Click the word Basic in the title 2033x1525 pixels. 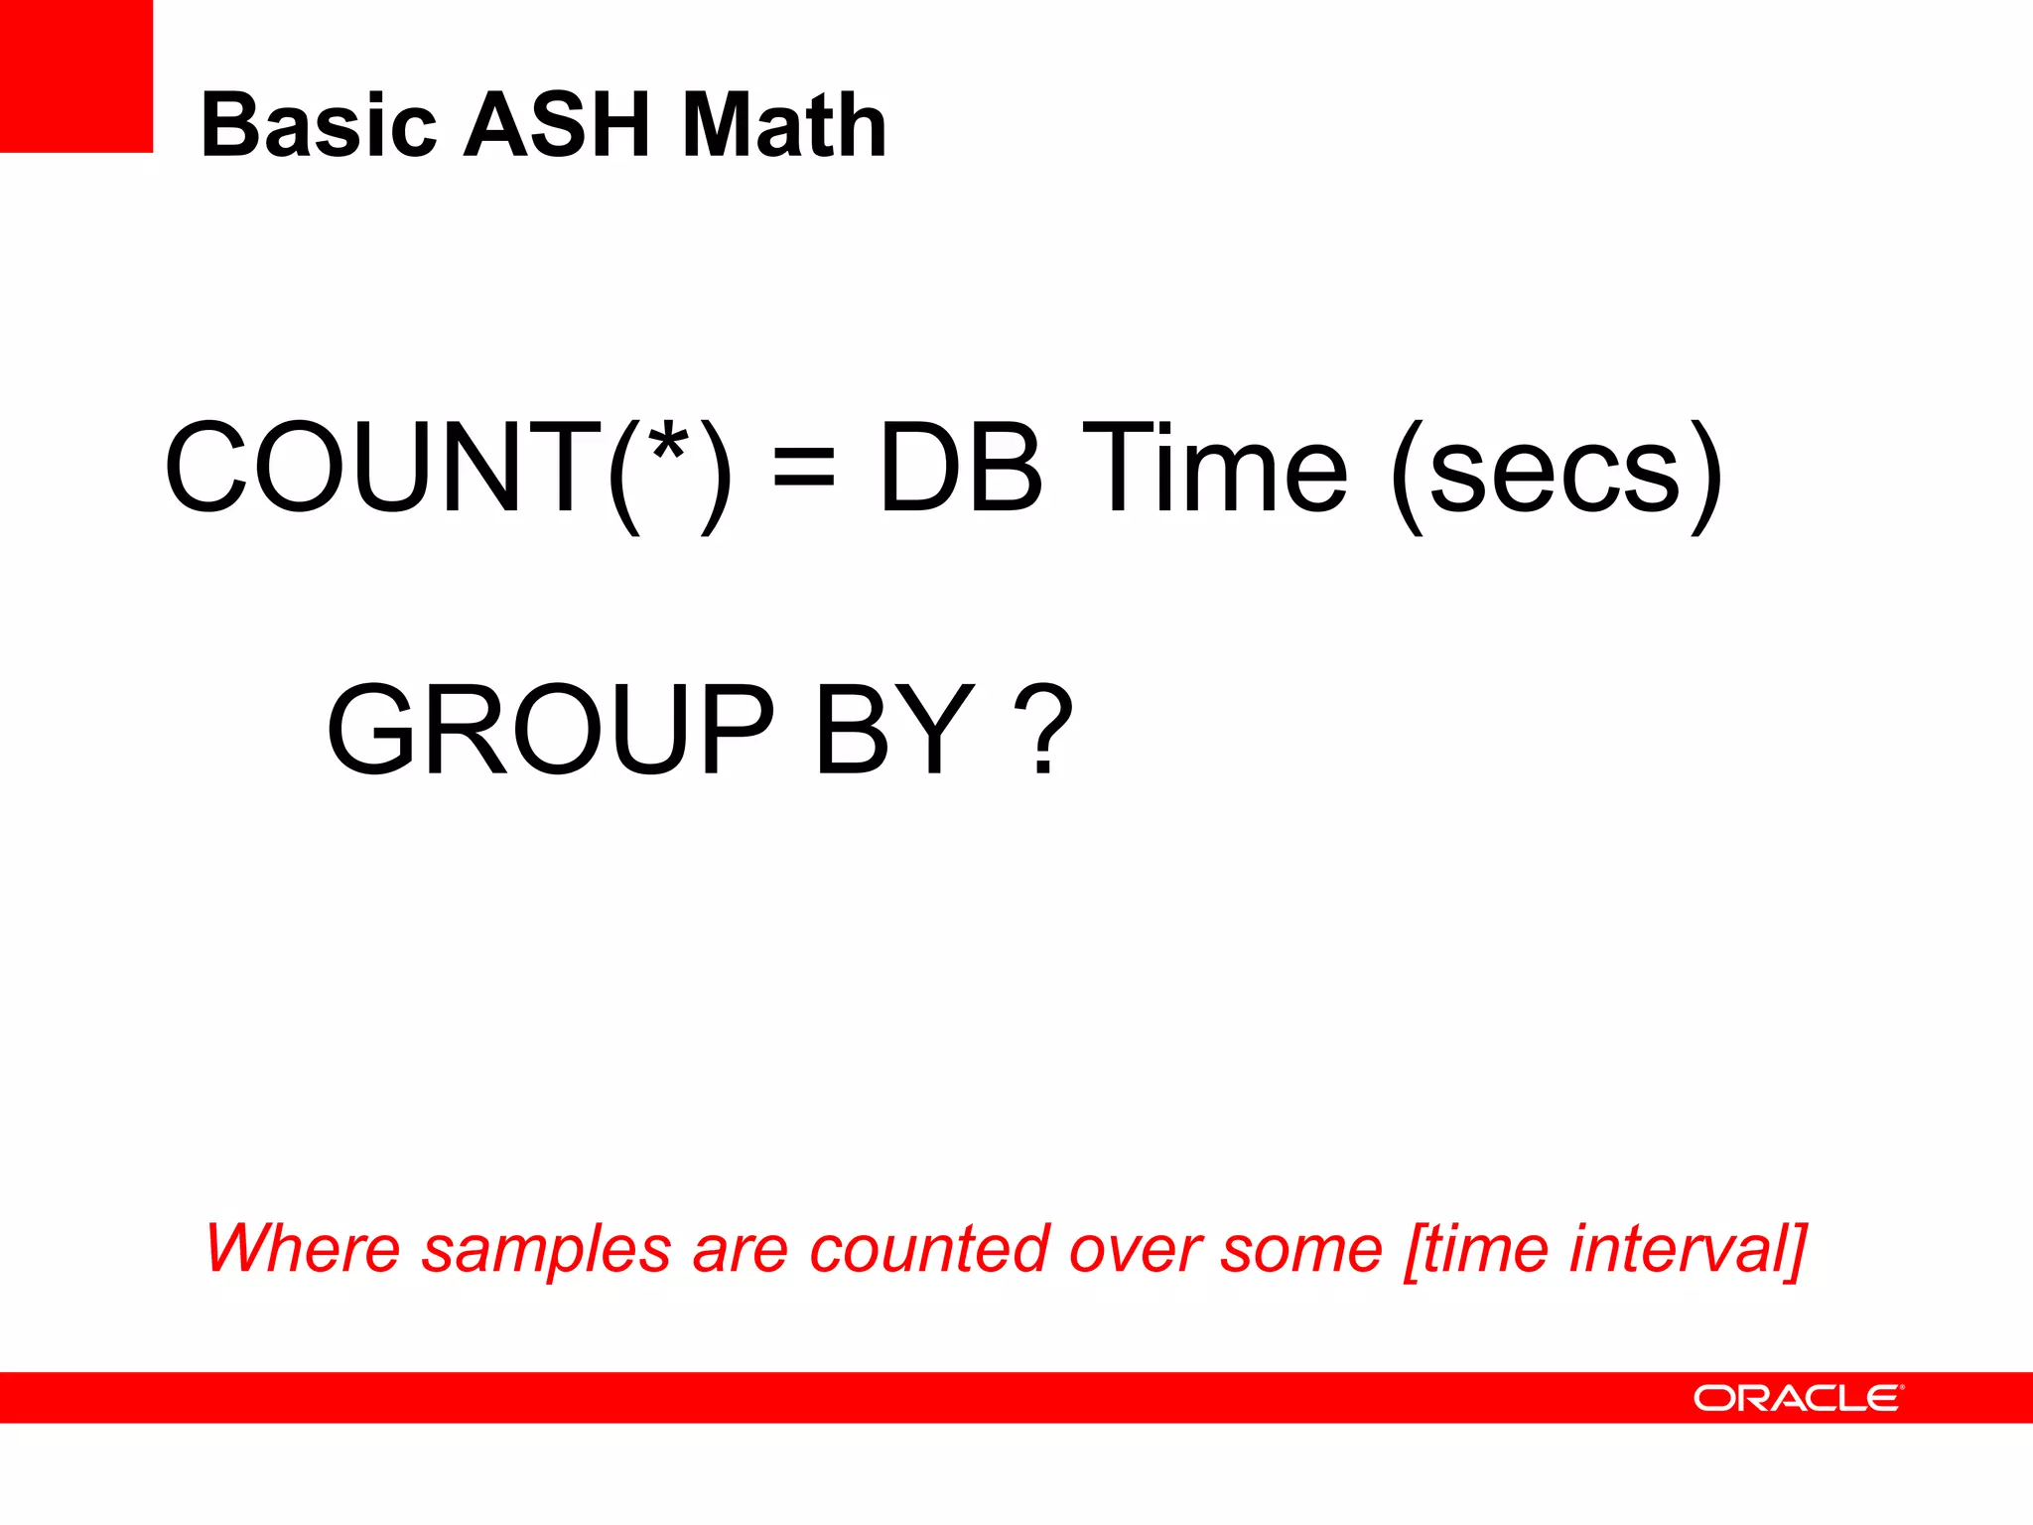click(x=319, y=126)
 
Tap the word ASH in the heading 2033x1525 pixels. click(x=558, y=126)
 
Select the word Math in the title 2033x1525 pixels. click(x=784, y=126)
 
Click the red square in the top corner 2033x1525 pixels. click(x=75, y=75)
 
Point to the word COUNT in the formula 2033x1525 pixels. click(x=382, y=468)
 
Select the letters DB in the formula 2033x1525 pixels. click(x=961, y=468)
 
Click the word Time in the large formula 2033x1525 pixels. click(x=1213, y=468)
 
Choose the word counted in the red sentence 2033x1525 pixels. click(x=929, y=1248)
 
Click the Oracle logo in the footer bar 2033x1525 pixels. click(x=1798, y=1398)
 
